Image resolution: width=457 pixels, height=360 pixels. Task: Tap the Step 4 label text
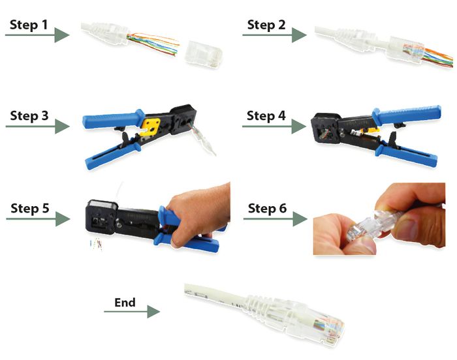(x=266, y=115)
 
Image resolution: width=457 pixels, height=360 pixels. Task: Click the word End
(x=125, y=302)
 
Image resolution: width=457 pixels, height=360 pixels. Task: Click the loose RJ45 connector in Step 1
(x=204, y=52)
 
